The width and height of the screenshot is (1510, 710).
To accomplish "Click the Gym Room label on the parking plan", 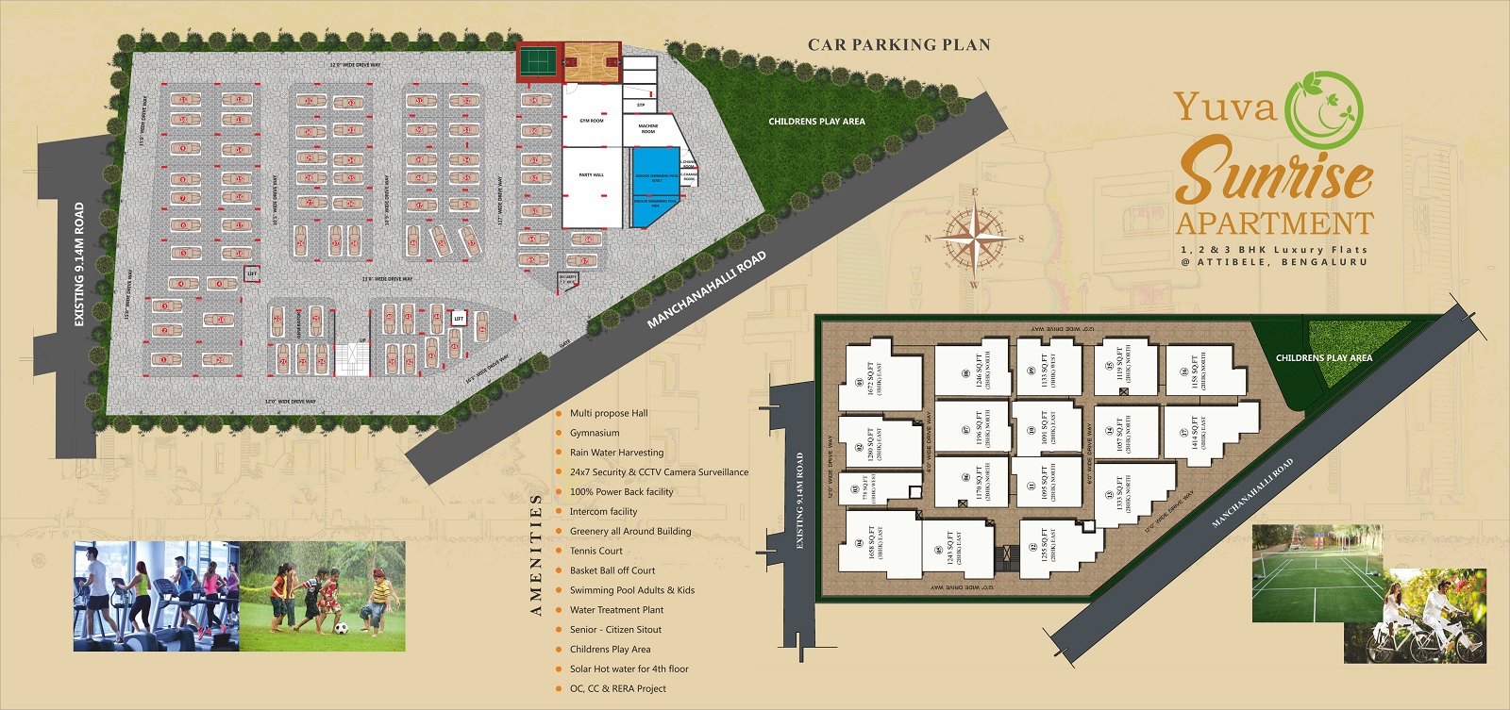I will (x=592, y=121).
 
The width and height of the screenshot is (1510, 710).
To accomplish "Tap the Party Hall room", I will (x=592, y=176).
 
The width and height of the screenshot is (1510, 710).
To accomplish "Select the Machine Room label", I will (x=648, y=128).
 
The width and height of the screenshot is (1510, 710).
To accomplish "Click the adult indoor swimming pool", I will (x=657, y=175).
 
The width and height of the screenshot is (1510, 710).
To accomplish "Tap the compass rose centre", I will (x=974, y=238).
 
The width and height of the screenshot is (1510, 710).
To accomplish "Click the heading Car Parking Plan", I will (x=898, y=44).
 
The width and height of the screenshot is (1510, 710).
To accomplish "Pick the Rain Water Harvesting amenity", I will (x=616, y=453).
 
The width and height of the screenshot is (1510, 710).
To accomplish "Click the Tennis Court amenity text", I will (x=596, y=551).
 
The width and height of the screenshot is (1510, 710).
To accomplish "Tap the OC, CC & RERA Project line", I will (x=617, y=688).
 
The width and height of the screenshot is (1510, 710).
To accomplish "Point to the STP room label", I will (x=641, y=105).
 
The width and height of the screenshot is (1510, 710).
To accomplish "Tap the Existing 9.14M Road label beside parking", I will (x=79, y=265).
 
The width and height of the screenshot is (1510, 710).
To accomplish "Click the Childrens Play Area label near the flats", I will (x=1324, y=358).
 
